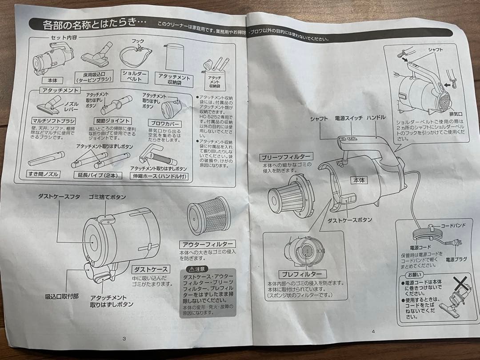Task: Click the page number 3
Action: tap(125, 339)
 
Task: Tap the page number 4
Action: tap(373, 331)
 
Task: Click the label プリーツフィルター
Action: tap(286, 157)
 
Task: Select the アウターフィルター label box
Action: tap(208, 244)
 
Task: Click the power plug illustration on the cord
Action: tap(455, 243)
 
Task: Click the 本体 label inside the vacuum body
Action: tap(358, 180)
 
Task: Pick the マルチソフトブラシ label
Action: tap(53, 121)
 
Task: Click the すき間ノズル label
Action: tap(44, 174)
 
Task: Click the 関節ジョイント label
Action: tap(113, 121)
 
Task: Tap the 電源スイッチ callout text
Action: tap(348, 119)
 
